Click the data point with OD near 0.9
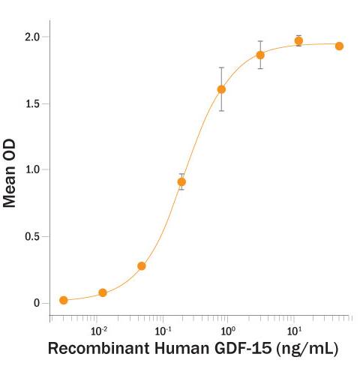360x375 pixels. click(181, 181)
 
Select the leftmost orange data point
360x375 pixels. click(64, 300)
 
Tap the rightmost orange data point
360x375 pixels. click(339, 46)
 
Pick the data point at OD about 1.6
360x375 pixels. click(221, 89)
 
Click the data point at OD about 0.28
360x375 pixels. click(142, 265)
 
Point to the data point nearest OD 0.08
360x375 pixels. click(103, 292)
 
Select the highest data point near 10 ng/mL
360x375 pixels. click(298, 41)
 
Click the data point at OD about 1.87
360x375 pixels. click(260, 55)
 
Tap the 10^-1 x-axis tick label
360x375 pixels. click(163, 331)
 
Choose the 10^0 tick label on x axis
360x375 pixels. click(228, 331)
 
